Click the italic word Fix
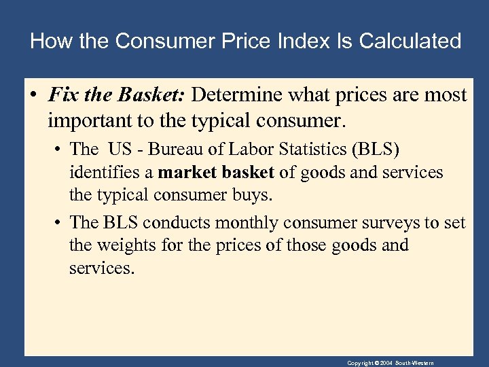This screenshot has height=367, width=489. [62, 94]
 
